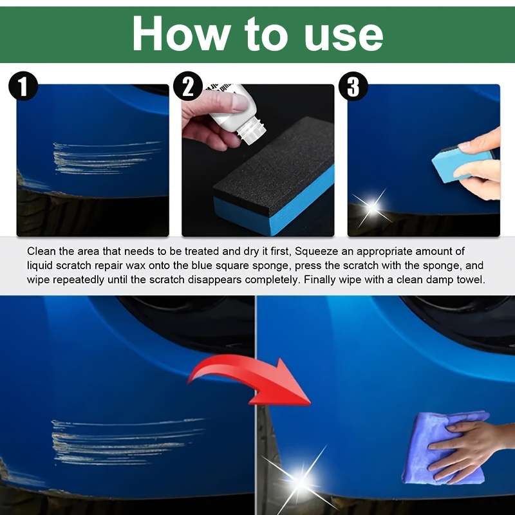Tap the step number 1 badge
click(23, 87)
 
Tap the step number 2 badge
click(188, 87)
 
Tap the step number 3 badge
click(353, 87)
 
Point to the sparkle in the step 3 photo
click(372, 207)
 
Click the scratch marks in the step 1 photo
click(103, 156)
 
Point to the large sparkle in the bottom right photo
click(301, 480)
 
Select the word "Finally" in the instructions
click(326, 279)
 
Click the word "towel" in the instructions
click(470, 279)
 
